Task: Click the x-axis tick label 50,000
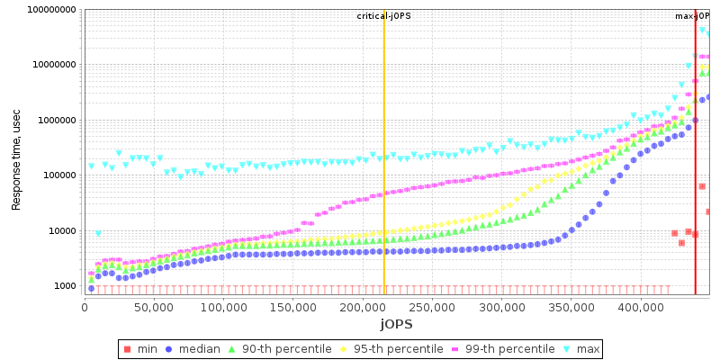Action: [x=153, y=307]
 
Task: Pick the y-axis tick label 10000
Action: [x=60, y=231]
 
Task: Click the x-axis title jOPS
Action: [x=396, y=323]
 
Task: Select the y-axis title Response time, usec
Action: [x=16, y=149]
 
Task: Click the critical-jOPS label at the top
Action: [x=383, y=16]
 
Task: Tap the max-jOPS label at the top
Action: [x=694, y=16]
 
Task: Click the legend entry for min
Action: [x=148, y=349]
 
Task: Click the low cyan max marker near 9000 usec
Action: [x=98, y=234]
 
